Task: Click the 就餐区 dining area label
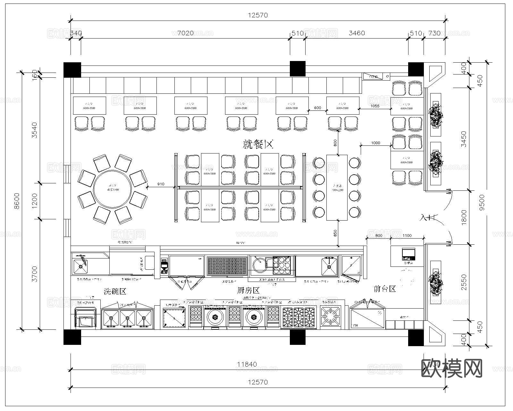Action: [258, 145]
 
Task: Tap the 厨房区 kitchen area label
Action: [248, 291]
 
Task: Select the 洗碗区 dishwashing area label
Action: [115, 292]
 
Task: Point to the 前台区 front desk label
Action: [385, 289]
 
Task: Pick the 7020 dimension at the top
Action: [185, 33]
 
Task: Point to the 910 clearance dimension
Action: [161, 184]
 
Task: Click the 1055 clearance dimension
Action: [374, 106]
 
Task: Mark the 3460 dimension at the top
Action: [357, 33]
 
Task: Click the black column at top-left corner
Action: [72, 70]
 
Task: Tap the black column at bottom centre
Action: [298, 337]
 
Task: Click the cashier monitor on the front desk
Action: [408, 254]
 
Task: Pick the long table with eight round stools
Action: [337, 188]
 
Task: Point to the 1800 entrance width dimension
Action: [464, 217]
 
